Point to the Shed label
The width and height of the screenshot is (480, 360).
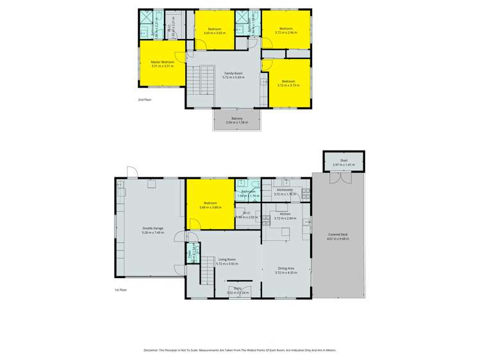(343, 161)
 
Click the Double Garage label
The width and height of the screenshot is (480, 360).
(153, 229)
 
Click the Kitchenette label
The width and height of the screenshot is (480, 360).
(285, 190)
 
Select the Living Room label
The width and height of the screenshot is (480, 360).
(228, 259)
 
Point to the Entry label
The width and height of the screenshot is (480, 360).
(237, 289)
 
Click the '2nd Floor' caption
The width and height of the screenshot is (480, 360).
(145, 100)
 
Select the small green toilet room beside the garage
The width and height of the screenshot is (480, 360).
(190, 254)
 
